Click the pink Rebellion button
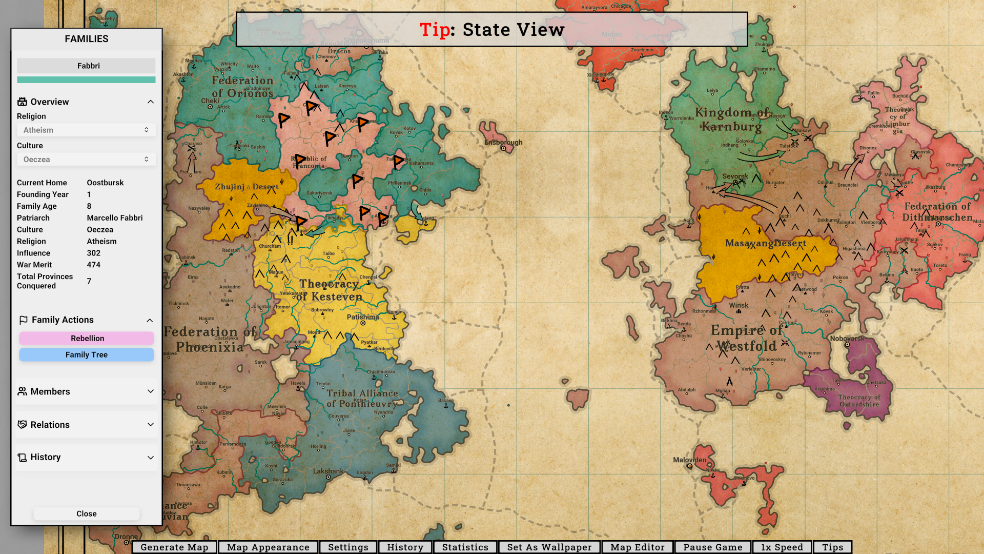(x=87, y=339)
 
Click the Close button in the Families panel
(x=87, y=513)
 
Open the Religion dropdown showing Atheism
(x=86, y=130)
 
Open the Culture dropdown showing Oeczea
(x=86, y=160)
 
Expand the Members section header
(x=86, y=391)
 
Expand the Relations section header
(x=86, y=425)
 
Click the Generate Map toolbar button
(x=174, y=547)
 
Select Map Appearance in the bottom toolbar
(x=268, y=547)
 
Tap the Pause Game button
(x=712, y=547)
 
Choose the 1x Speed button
(x=782, y=547)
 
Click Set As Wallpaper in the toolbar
(x=549, y=547)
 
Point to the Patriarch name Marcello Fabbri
(x=115, y=218)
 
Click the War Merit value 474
(x=94, y=265)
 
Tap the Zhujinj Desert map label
(x=247, y=187)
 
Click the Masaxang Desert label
(x=765, y=243)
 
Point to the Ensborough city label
(x=503, y=143)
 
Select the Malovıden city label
(x=689, y=460)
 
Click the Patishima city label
(x=363, y=317)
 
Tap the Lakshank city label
(x=328, y=471)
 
